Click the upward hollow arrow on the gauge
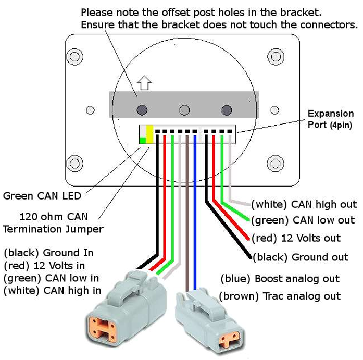click(x=144, y=83)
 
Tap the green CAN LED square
click(x=143, y=140)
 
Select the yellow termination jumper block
click(x=150, y=134)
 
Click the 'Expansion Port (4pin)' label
click(x=331, y=119)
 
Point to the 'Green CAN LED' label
click(x=42, y=196)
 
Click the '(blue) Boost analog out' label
click(x=280, y=279)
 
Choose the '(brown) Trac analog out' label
click(x=280, y=296)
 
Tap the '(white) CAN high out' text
click(x=304, y=204)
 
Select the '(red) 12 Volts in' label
click(x=44, y=266)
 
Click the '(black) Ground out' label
click(x=301, y=257)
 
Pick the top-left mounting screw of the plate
click(x=75, y=57)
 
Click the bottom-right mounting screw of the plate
click(x=276, y=164)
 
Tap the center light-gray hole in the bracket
click(x=184, y=110)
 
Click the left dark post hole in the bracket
click(x=142, y=110)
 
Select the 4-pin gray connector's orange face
click(x=102, y=329)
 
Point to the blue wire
click(x=195, y=213)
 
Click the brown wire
click(x=187, y=213)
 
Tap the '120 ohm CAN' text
click(x=54, y=217)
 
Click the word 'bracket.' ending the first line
click(x=301, y=13)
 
